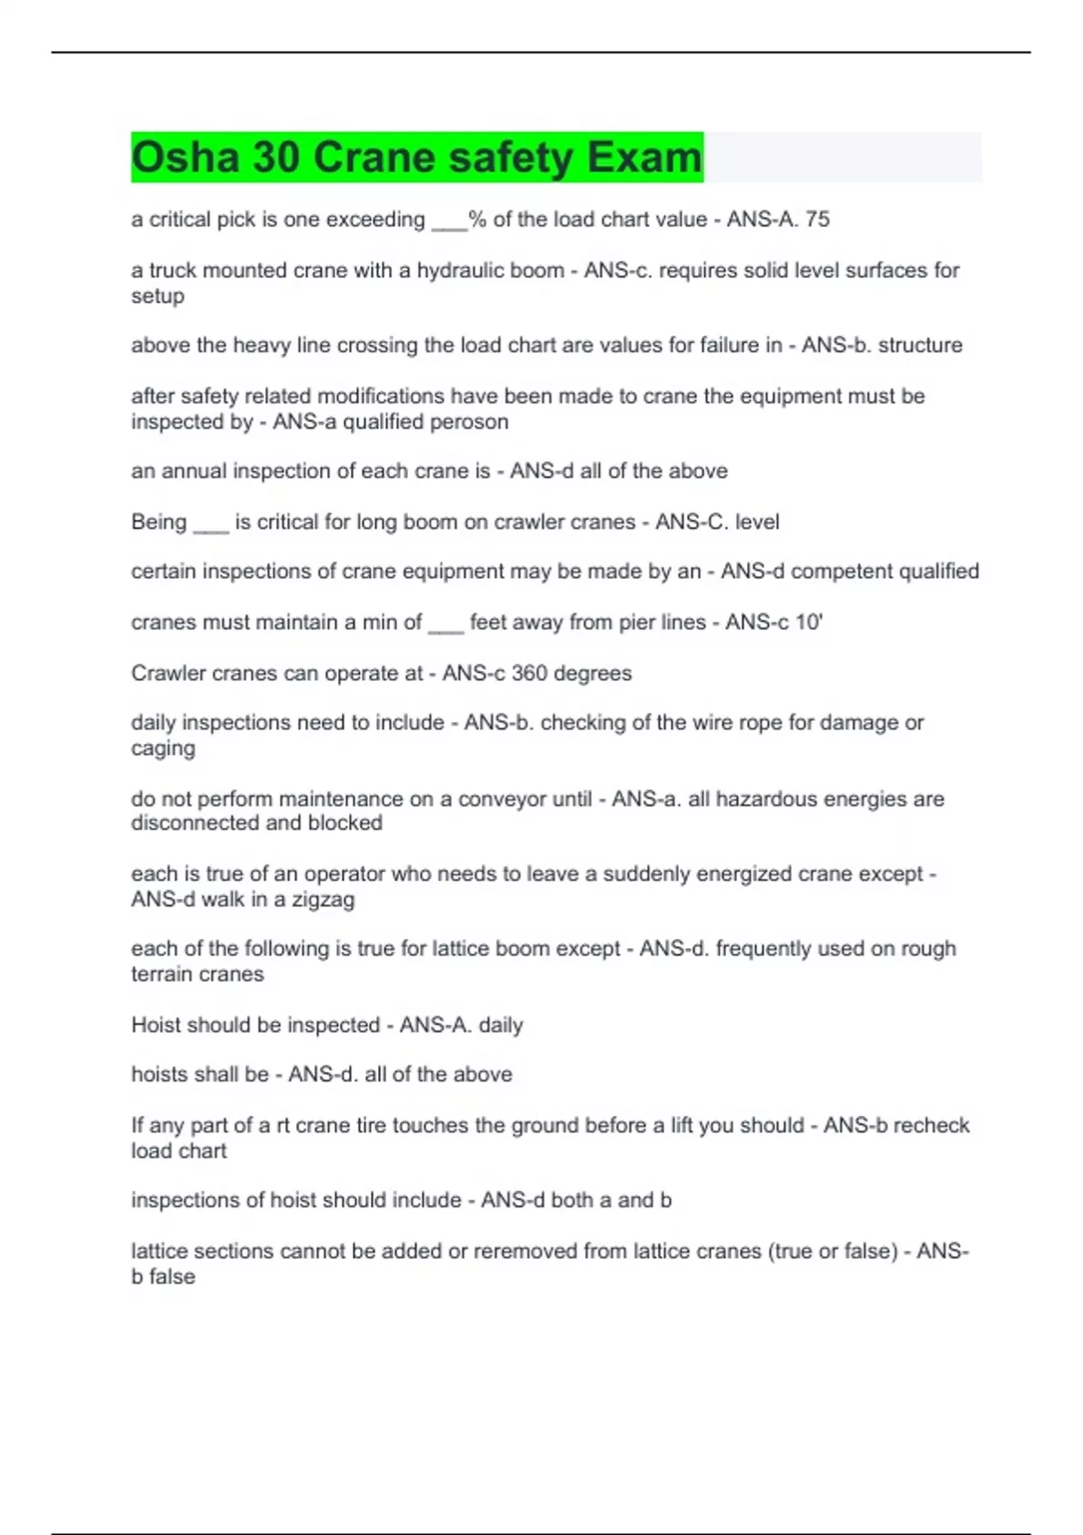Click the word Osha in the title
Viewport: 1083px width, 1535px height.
coord(185,157)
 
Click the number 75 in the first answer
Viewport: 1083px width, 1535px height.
coord(818,219)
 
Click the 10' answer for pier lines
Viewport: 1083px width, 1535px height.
coord(809,622)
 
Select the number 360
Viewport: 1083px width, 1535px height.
coord(530,674)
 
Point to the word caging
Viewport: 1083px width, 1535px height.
coord(162,749)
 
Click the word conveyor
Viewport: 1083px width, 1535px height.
coord(501,799)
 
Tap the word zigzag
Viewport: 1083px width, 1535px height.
coord(323,899)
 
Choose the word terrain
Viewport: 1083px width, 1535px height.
coord(164,974)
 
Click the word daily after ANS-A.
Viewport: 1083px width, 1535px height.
coord(501,1026)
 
